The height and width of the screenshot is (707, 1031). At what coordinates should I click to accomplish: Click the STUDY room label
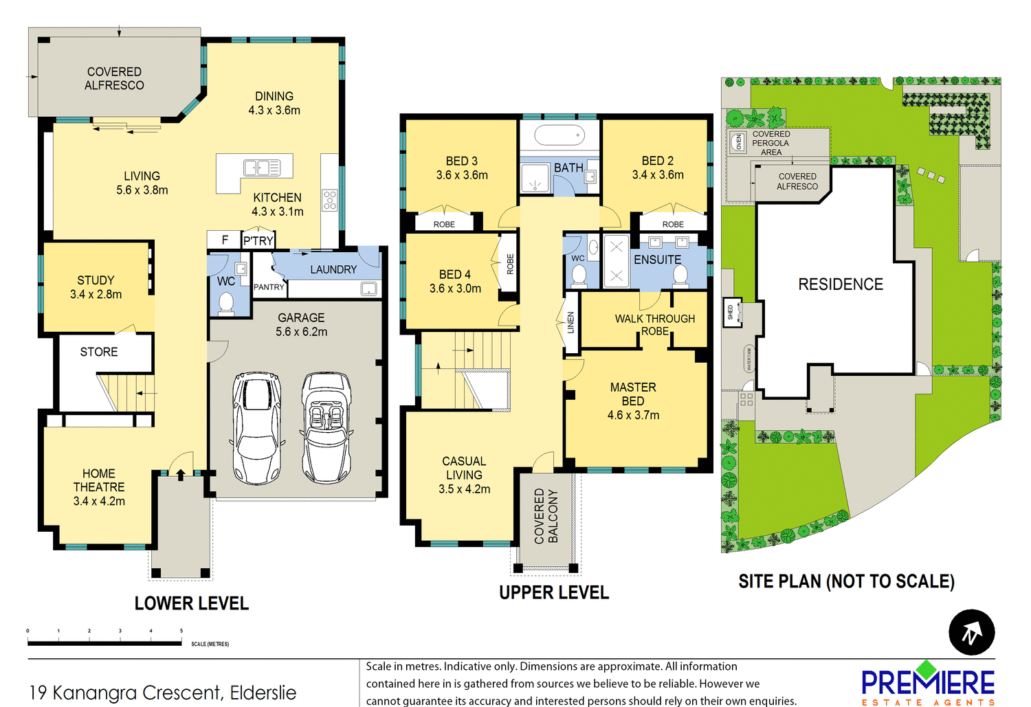(96, 287)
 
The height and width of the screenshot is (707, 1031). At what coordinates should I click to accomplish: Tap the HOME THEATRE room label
(99, 487)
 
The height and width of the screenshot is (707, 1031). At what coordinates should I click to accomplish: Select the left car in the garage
(257, 427)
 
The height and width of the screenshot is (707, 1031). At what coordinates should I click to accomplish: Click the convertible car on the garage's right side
(326, 427)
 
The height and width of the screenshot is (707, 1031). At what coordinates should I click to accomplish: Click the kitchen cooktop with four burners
(330, 200)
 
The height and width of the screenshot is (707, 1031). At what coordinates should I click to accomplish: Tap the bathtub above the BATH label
(559, 135)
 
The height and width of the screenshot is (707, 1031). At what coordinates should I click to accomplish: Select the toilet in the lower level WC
(225, 302)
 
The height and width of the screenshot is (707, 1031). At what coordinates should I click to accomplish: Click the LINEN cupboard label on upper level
(570, 322)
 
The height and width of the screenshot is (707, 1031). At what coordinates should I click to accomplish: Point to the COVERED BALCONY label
(546, 516)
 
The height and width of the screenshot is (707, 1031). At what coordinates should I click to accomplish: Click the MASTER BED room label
(633, 401)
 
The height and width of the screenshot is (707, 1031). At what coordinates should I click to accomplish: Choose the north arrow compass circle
(971, 632)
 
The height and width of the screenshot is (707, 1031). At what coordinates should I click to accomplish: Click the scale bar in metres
(104, 642)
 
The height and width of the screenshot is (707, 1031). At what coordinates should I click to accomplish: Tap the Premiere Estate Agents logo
(928, 684)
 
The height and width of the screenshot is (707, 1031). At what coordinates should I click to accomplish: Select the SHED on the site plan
(732, 313)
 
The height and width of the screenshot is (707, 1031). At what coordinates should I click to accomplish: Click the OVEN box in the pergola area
(738, 142)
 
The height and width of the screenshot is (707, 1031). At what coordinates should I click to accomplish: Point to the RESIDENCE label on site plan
(840, 284)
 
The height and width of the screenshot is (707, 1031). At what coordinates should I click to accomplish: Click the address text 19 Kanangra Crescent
(163, 693)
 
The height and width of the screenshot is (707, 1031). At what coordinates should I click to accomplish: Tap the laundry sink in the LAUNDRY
(369, 289)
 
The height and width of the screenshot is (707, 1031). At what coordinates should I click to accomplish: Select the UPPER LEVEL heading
(553, 593)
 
